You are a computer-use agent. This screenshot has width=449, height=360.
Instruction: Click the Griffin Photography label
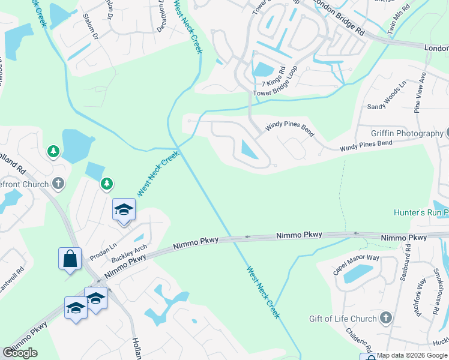click(x=406, y=133)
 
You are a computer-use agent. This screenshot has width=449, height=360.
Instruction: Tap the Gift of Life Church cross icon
click(x=385, y=319)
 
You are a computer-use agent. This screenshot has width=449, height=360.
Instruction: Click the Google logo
click(x=20, y=353)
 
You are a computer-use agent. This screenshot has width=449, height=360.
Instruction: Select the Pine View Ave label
click(x=420, y=92)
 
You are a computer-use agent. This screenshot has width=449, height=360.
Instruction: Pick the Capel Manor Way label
click(x=357, y=265)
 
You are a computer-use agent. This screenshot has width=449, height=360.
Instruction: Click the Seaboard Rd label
click(x=405, y=266)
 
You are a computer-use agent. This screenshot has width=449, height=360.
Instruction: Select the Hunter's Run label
click(x=418, y=212)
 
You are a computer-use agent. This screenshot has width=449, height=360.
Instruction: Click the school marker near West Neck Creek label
click(x=124, y=209)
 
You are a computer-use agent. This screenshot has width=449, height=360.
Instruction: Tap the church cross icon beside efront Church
click(x=58, y=184)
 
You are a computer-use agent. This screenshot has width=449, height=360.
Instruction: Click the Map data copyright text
click(x=411, y=356)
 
